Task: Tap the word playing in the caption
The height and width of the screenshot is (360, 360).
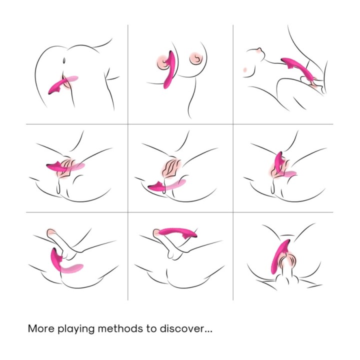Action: coord(76,329)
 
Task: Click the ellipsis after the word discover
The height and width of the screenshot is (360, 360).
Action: coord(208,332)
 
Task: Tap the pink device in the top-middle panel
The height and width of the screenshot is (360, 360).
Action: coord(169,69)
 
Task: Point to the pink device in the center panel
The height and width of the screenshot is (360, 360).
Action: coord(165,186)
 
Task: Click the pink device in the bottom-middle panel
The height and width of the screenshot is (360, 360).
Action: coord(177,232)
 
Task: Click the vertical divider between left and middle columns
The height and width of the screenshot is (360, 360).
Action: coord(127,162)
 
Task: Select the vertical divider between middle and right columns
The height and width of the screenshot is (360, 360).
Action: coord(233,162)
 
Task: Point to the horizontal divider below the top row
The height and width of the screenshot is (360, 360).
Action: coord(179,124)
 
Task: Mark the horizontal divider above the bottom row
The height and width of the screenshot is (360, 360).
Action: coord(179,212)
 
